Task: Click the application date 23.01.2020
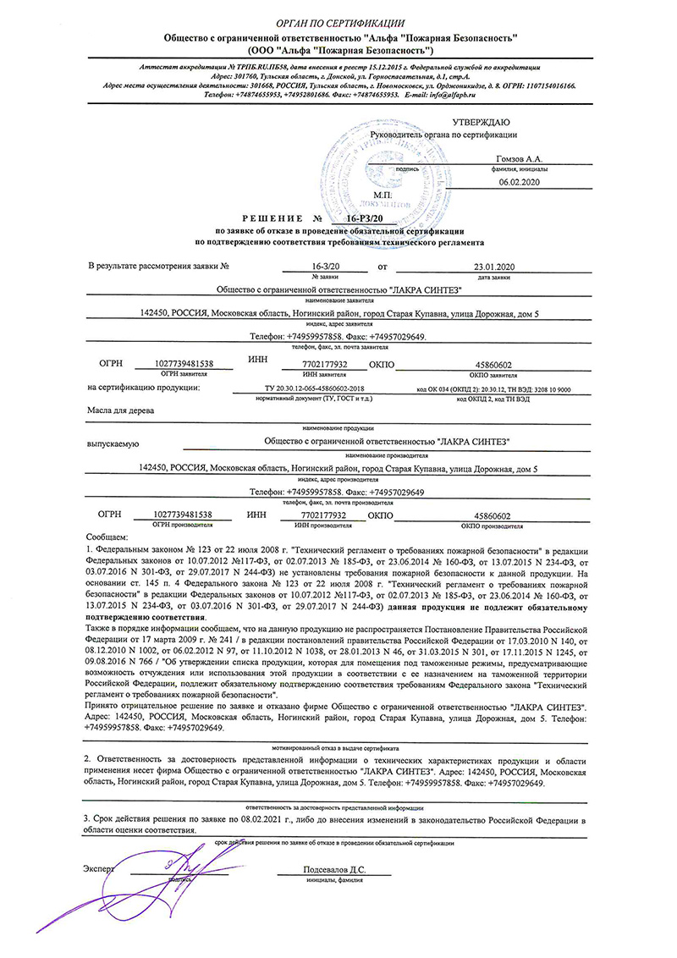click(495, 267)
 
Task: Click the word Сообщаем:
click(106, 537)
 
